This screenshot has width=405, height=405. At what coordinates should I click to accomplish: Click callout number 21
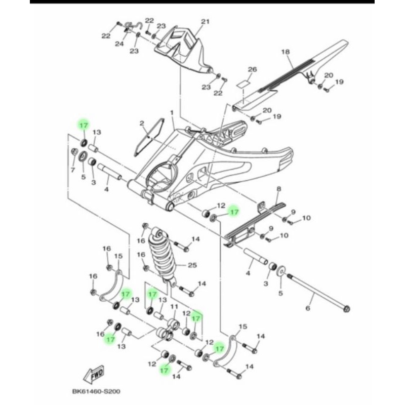[x=205, y=22]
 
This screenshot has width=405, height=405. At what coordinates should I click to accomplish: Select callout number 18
[x=285, y=52]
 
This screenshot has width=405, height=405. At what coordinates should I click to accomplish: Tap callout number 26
[x=253, y=69]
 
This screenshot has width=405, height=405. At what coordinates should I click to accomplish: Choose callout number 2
[x=142, y=123]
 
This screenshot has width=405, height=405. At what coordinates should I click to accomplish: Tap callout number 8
[x=278, y=189]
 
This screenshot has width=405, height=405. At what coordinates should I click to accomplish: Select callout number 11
[x=173, y=307]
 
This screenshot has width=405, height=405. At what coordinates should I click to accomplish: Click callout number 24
[x=118, y=44]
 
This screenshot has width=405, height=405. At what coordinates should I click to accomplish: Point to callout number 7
[x=72, y=169]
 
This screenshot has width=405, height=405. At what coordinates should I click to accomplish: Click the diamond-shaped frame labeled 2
[x=149, y=136]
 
